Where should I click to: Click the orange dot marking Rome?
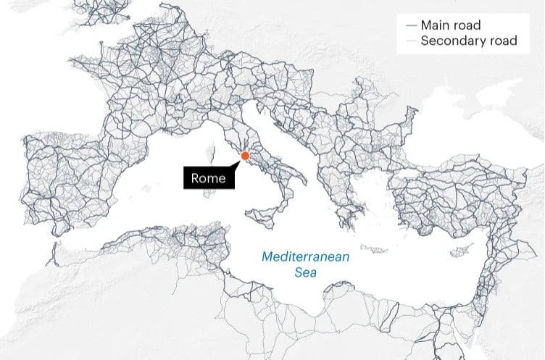(245, 156)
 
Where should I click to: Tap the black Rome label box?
(209, 178)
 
